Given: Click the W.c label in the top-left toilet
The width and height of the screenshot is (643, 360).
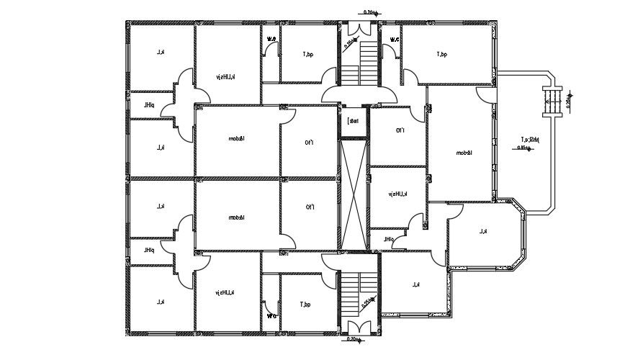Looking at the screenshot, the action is pos(271,39).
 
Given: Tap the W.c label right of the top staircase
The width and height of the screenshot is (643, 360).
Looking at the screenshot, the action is pos(395,39).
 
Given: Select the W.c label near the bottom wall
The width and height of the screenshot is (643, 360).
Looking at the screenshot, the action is pos(271,315).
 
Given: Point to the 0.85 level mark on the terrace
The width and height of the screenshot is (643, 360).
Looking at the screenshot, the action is pos(525,148).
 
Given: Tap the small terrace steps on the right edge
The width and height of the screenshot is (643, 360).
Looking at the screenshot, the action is pos(554,99).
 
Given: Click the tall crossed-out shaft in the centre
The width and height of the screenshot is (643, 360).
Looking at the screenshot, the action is pos(354,196).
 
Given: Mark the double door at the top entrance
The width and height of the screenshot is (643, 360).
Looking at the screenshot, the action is pos(358,94).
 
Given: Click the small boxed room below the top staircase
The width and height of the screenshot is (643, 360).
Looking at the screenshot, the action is pos(353,121).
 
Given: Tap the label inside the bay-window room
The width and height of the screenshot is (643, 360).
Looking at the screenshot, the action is pos(484,232).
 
